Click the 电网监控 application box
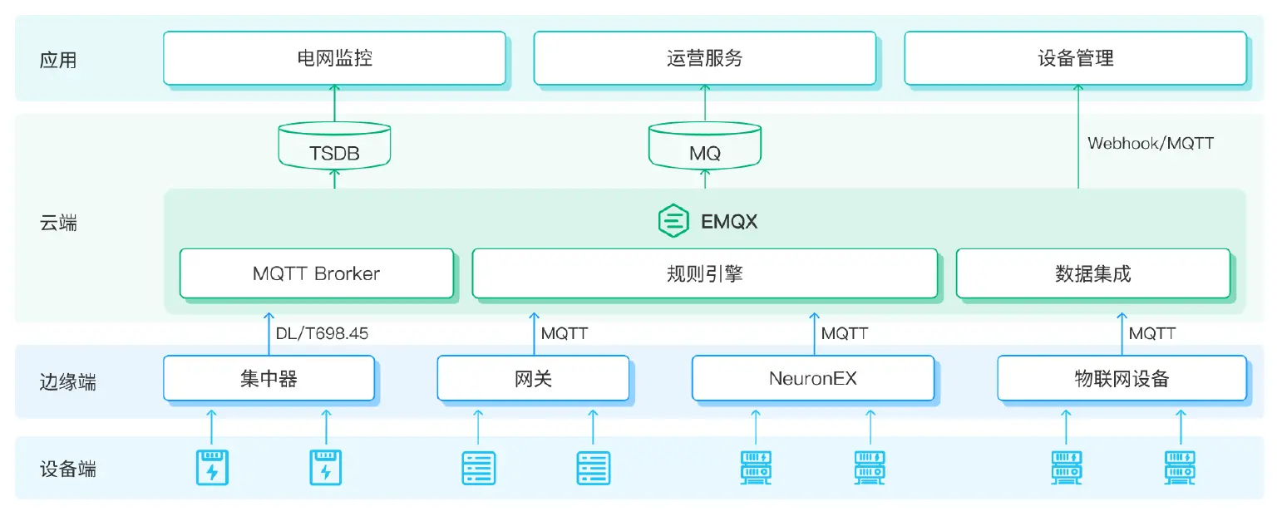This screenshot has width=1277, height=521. (334, 58)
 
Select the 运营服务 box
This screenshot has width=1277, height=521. (704, 58)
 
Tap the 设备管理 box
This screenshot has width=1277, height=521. (1075, 58)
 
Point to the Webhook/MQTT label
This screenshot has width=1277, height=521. (1150, 143)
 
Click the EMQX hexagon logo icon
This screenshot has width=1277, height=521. (673, 222)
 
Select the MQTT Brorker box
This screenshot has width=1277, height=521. (317, 273)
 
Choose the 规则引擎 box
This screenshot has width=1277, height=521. (704, 273)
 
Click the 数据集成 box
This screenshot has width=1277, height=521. (1092, 273)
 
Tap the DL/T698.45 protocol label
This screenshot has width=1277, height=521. (322, 333)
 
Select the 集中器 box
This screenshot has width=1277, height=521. (269, 379)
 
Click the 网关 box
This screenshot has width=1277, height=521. (533, 379)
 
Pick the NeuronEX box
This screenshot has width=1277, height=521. (812, 379)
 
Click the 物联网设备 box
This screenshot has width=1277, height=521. (1122, 379)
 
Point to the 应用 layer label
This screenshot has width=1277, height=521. (58, 60)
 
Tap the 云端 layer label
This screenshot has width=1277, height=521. (58, 223)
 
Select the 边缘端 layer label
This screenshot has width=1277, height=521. (67, 381)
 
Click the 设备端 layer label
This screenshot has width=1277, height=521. (67, 469)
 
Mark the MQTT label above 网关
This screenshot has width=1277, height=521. (565, 333)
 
